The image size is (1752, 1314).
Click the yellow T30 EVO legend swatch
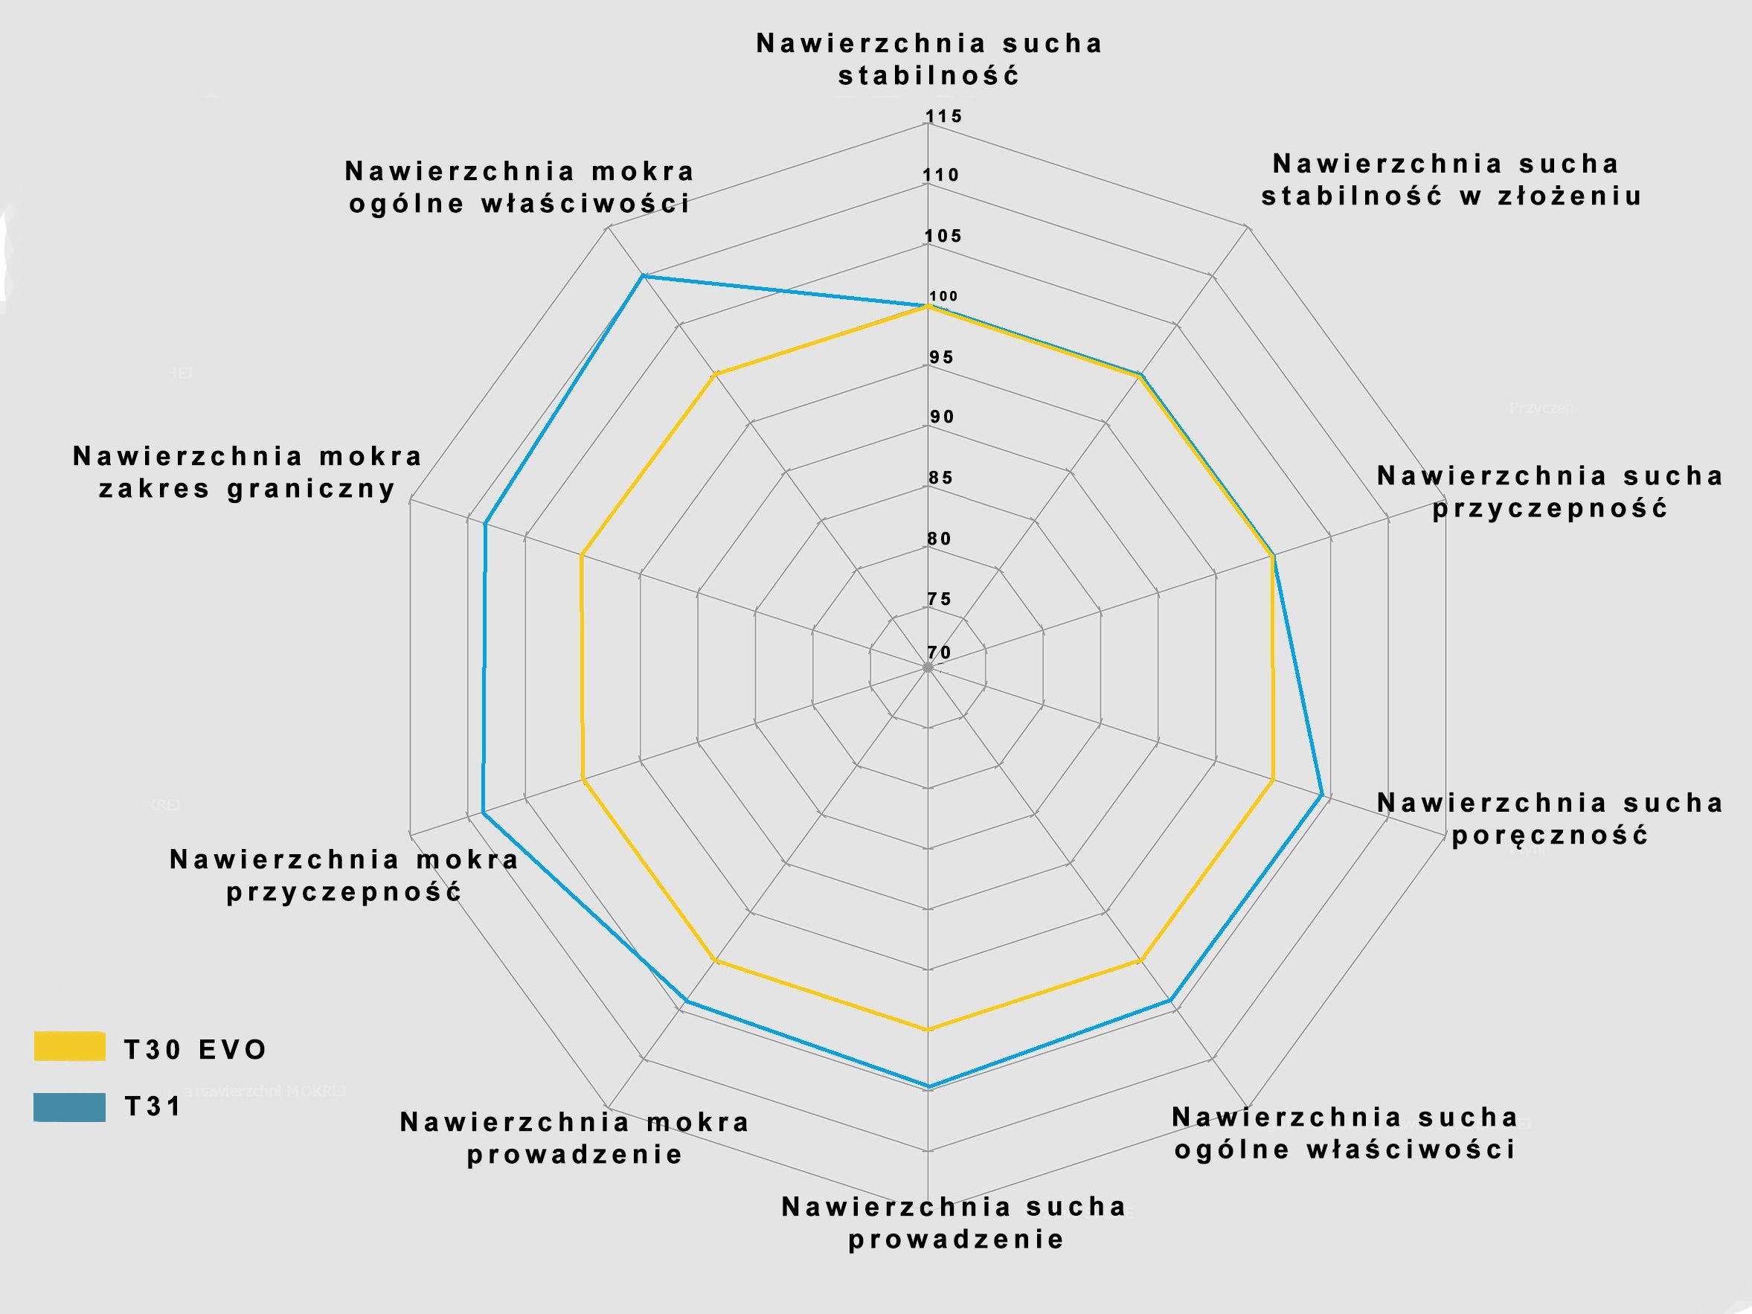(x=70, y=1046)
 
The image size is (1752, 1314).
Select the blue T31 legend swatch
(x=70, y=1106)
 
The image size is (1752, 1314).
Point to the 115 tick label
(x=944, y=116)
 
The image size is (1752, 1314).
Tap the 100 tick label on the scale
(x=944, y=296)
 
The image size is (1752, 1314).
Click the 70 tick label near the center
(x=940, y=653)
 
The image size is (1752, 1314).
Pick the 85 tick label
(x=942, y=478)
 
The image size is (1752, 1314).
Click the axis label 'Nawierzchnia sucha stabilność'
(x=930, y=60)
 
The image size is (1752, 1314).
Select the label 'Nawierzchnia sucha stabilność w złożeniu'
(x=1451, y=180)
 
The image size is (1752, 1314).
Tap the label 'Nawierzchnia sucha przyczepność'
(x=1550, y=492)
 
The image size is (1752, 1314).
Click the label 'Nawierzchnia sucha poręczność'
(x=1550, y=819)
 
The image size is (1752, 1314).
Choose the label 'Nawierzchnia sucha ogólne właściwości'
(x=1345, y=1133)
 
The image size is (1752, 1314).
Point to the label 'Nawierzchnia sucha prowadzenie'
(x=954, y=1223)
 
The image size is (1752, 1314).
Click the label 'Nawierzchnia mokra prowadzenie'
(x=574, y=1138)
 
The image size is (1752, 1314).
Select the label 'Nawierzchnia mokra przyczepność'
(x=344, y=875)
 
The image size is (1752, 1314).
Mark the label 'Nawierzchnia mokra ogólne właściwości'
(x=519, y=187)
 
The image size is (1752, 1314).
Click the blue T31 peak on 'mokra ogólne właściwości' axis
(x=643, y=275)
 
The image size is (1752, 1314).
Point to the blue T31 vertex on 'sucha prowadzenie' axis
(x=928, y=1086)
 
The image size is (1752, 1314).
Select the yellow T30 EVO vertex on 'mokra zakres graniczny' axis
(x=583, y=555)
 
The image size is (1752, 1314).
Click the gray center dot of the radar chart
(x=928, y=667)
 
